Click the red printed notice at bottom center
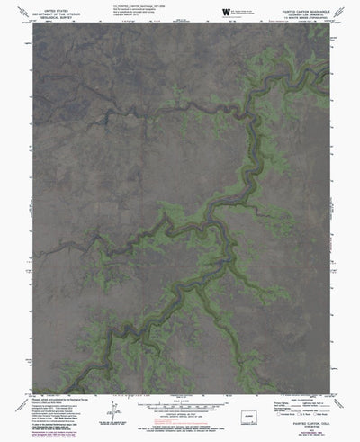[180, 433]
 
